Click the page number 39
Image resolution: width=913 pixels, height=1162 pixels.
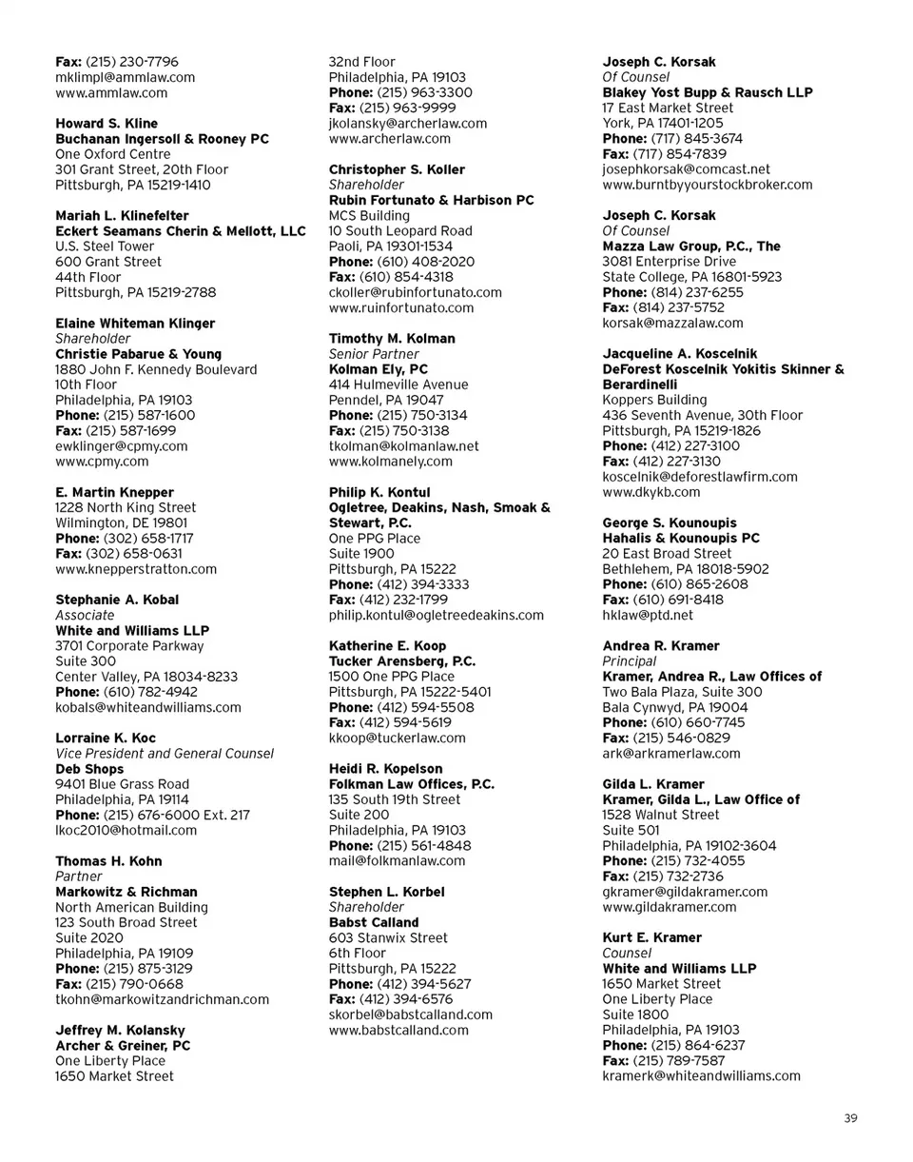(850, 1118)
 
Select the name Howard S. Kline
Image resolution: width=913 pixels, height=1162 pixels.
(107, 124)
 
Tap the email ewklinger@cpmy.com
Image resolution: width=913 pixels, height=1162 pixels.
(122, 445)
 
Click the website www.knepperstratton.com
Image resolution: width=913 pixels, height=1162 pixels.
(136, 569)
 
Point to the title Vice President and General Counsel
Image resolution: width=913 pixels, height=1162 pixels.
(165, 753)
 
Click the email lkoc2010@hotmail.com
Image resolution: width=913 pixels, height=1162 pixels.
(126, 830)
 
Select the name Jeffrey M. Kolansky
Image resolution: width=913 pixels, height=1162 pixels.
(120, 1030)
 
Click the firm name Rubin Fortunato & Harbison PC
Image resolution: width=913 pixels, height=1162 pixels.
(431, 200)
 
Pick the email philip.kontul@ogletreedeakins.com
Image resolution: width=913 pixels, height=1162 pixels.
(437, 615)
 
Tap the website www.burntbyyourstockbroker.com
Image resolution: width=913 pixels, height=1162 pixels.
(708, 185)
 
